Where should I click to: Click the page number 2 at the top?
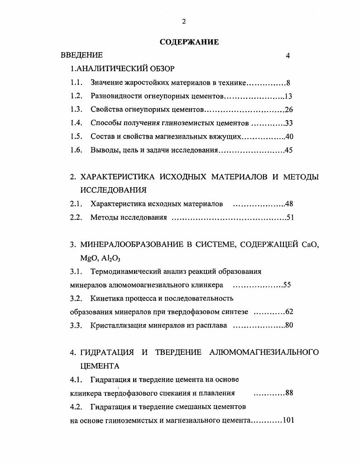(183, 21)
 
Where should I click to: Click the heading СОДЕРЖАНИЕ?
(189, 42)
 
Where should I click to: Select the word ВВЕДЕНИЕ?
(82, 55)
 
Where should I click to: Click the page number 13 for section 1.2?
(289, 97)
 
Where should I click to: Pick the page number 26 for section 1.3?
(289, 110)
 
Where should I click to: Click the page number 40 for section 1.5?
(289, 137)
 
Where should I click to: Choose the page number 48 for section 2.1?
(289, 204)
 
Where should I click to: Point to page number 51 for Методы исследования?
(290, 218)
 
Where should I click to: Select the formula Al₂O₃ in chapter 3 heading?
(111, 258)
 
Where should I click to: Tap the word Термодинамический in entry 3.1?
(123, 272)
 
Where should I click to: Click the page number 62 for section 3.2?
(289, 312)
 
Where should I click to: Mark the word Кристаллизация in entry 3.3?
(116, 326)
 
